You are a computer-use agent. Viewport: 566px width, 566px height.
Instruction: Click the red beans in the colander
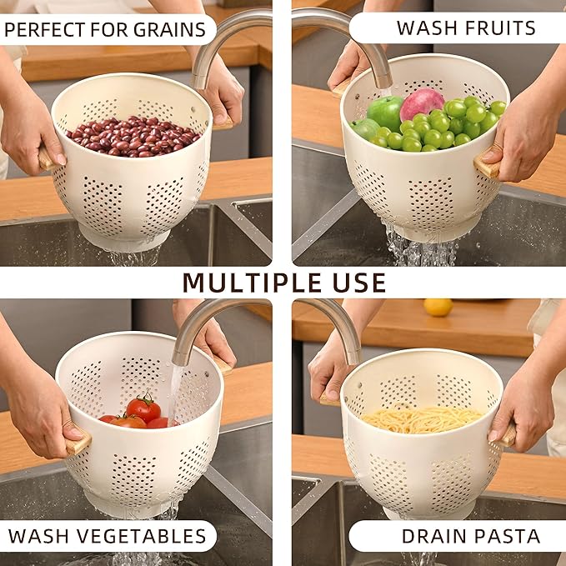[133, 136]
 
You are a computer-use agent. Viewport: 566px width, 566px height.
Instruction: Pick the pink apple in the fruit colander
[422, 104]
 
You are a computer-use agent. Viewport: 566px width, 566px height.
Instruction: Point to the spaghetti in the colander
[423, 418]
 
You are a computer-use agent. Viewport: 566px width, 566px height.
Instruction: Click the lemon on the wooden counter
[438, 307]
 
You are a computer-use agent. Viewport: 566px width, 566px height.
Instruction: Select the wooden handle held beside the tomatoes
[78, 443]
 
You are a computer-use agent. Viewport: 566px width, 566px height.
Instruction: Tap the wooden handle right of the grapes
[488, 166]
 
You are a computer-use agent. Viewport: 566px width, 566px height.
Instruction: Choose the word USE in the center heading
[359, 283]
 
